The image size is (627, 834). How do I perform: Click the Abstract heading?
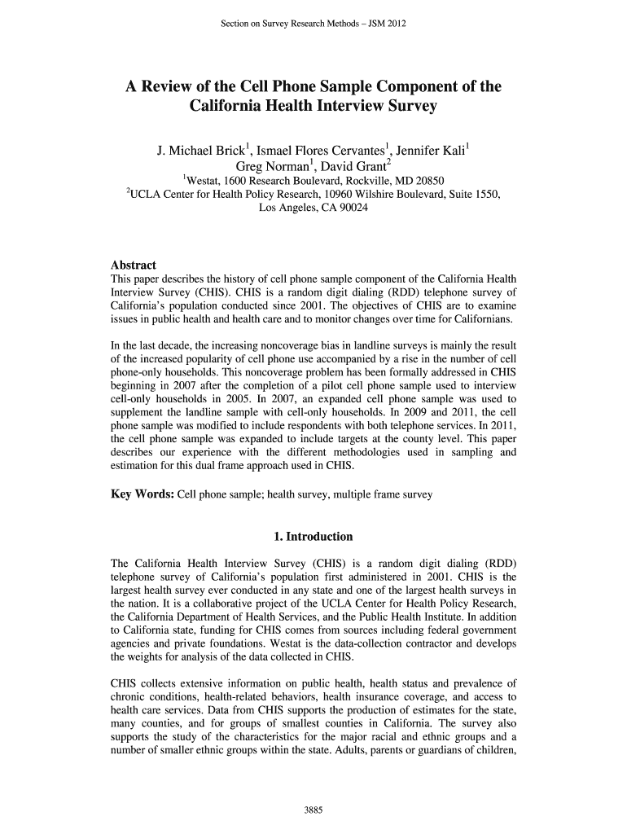pos(133,266)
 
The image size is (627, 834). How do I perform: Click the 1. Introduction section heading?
pos(313,537)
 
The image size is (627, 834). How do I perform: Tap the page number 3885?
pos(313,810)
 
